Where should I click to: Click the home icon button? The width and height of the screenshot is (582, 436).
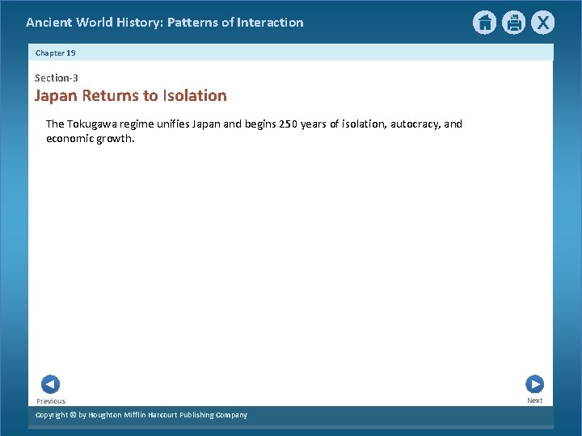pyautogui.click(x=484, y=23)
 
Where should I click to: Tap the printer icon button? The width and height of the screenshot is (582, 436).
pyautogui.click(x=513, y=23)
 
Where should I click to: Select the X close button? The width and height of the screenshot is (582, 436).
pyautogui.click(x=542, y=23)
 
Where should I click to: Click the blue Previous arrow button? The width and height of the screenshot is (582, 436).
pyautogui.click(x=50, y=384)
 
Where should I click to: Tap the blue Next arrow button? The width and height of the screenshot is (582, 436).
pyautogui.click(x=534, y=384)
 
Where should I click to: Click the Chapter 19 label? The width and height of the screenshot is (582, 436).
pyautogui.click(x=55, y=52)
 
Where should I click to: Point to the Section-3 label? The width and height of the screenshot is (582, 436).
pyautogui.click(x=56, y=78)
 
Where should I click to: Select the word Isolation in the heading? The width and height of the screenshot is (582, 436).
pyautogui.click(x=195, y=96)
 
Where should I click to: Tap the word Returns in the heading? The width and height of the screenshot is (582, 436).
pyautogui.click(x=110, y=96)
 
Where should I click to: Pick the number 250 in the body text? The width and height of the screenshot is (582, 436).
pyautogui.click(x=289, y=124)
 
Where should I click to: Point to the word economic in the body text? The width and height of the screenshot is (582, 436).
pyautogui.click(x=71, y=138)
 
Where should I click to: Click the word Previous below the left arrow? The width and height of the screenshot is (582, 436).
pyautogui.click(x=51, y=401)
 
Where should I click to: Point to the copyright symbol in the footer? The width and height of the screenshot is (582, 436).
pyautogui.click(x=71, y=415)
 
